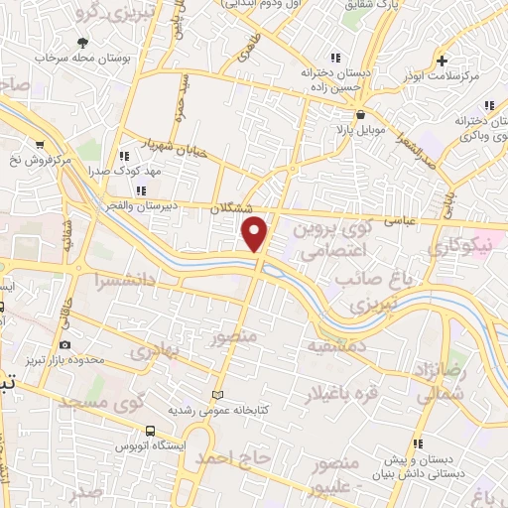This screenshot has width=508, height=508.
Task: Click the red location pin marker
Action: click(x=256, y=233)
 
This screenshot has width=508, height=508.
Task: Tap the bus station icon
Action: click(x=149, y=431)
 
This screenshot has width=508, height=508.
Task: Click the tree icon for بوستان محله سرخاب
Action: click(x=82, y=44)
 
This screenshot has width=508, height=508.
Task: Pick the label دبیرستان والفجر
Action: click(x=149, y=194)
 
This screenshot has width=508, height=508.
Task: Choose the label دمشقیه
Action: click(x=336, y=344)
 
